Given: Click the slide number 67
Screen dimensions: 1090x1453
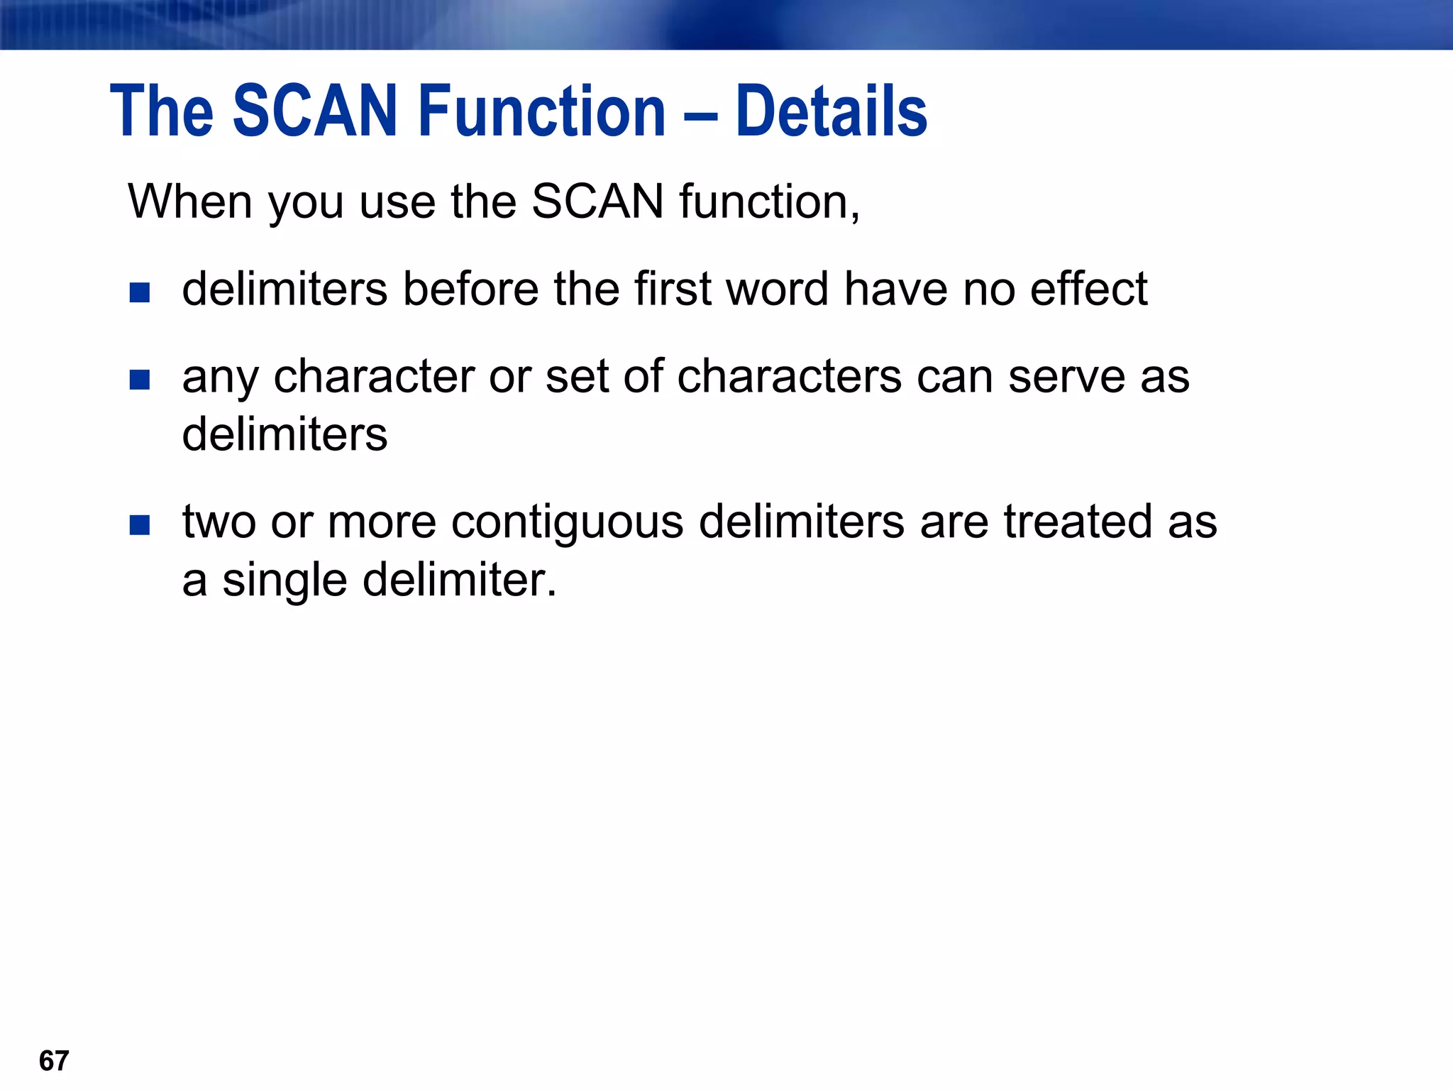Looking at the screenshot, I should (54, 1061).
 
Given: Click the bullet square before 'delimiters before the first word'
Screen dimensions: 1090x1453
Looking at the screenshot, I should (140, 292).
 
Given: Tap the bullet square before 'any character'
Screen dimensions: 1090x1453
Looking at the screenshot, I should (140, 380).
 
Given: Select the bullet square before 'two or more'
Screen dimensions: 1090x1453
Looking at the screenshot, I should (140, 525).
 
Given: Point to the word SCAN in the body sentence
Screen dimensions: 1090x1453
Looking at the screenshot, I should (597, 202).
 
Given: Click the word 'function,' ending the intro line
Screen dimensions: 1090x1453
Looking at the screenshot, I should (769, 202).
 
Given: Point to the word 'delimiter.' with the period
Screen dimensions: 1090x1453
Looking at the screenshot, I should (459, 580).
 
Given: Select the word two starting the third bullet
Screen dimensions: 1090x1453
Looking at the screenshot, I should (219, 522).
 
